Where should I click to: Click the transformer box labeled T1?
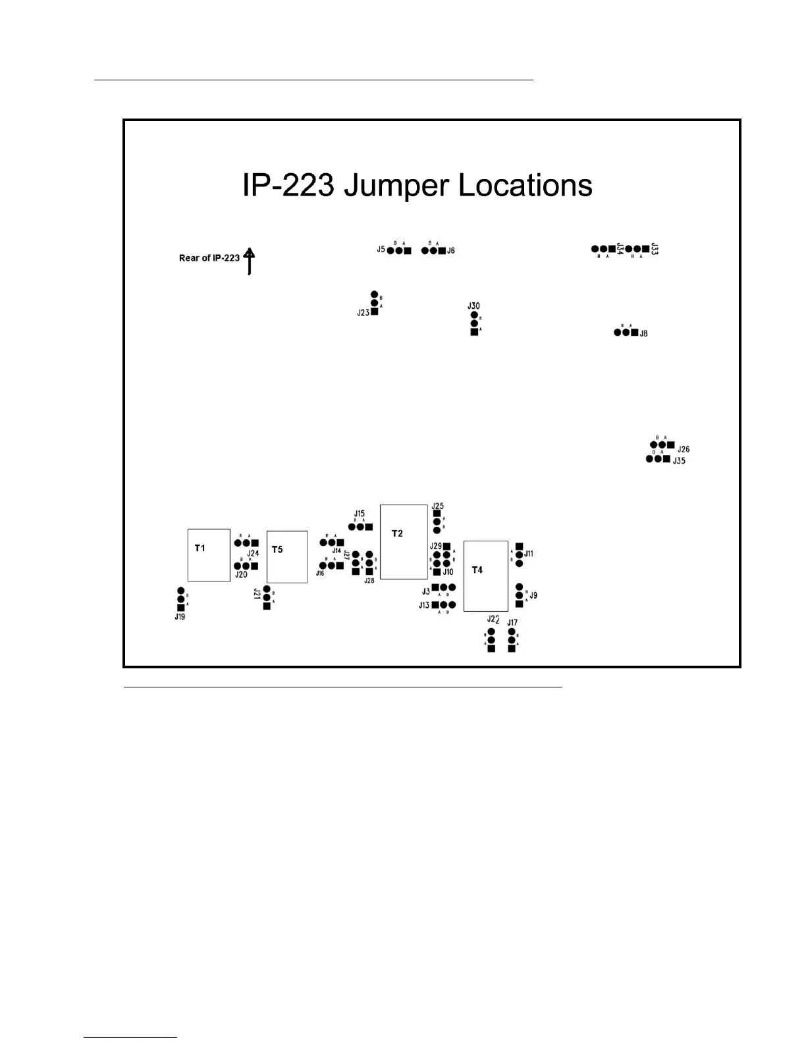[209, 555]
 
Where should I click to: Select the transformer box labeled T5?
[286, 557]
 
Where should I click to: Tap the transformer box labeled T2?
[404, 542]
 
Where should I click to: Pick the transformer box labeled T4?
[485, 576]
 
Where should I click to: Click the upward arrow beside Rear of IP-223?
[249, 261]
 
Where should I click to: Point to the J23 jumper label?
[363, 313]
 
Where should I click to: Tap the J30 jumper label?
[473, 306]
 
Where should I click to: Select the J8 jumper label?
[643, 333]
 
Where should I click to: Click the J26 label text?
[684, 449]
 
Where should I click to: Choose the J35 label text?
[679, 461]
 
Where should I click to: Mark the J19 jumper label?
[180, 617]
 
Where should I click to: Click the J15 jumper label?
[359, 514]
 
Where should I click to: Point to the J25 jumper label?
[438, 506]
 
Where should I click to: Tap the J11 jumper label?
[529, 554]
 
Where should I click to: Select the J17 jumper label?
[512, 622]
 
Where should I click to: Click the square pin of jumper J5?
[408, 251]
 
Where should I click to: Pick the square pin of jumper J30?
[474, 332]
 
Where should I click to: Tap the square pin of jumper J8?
[634, 333]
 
